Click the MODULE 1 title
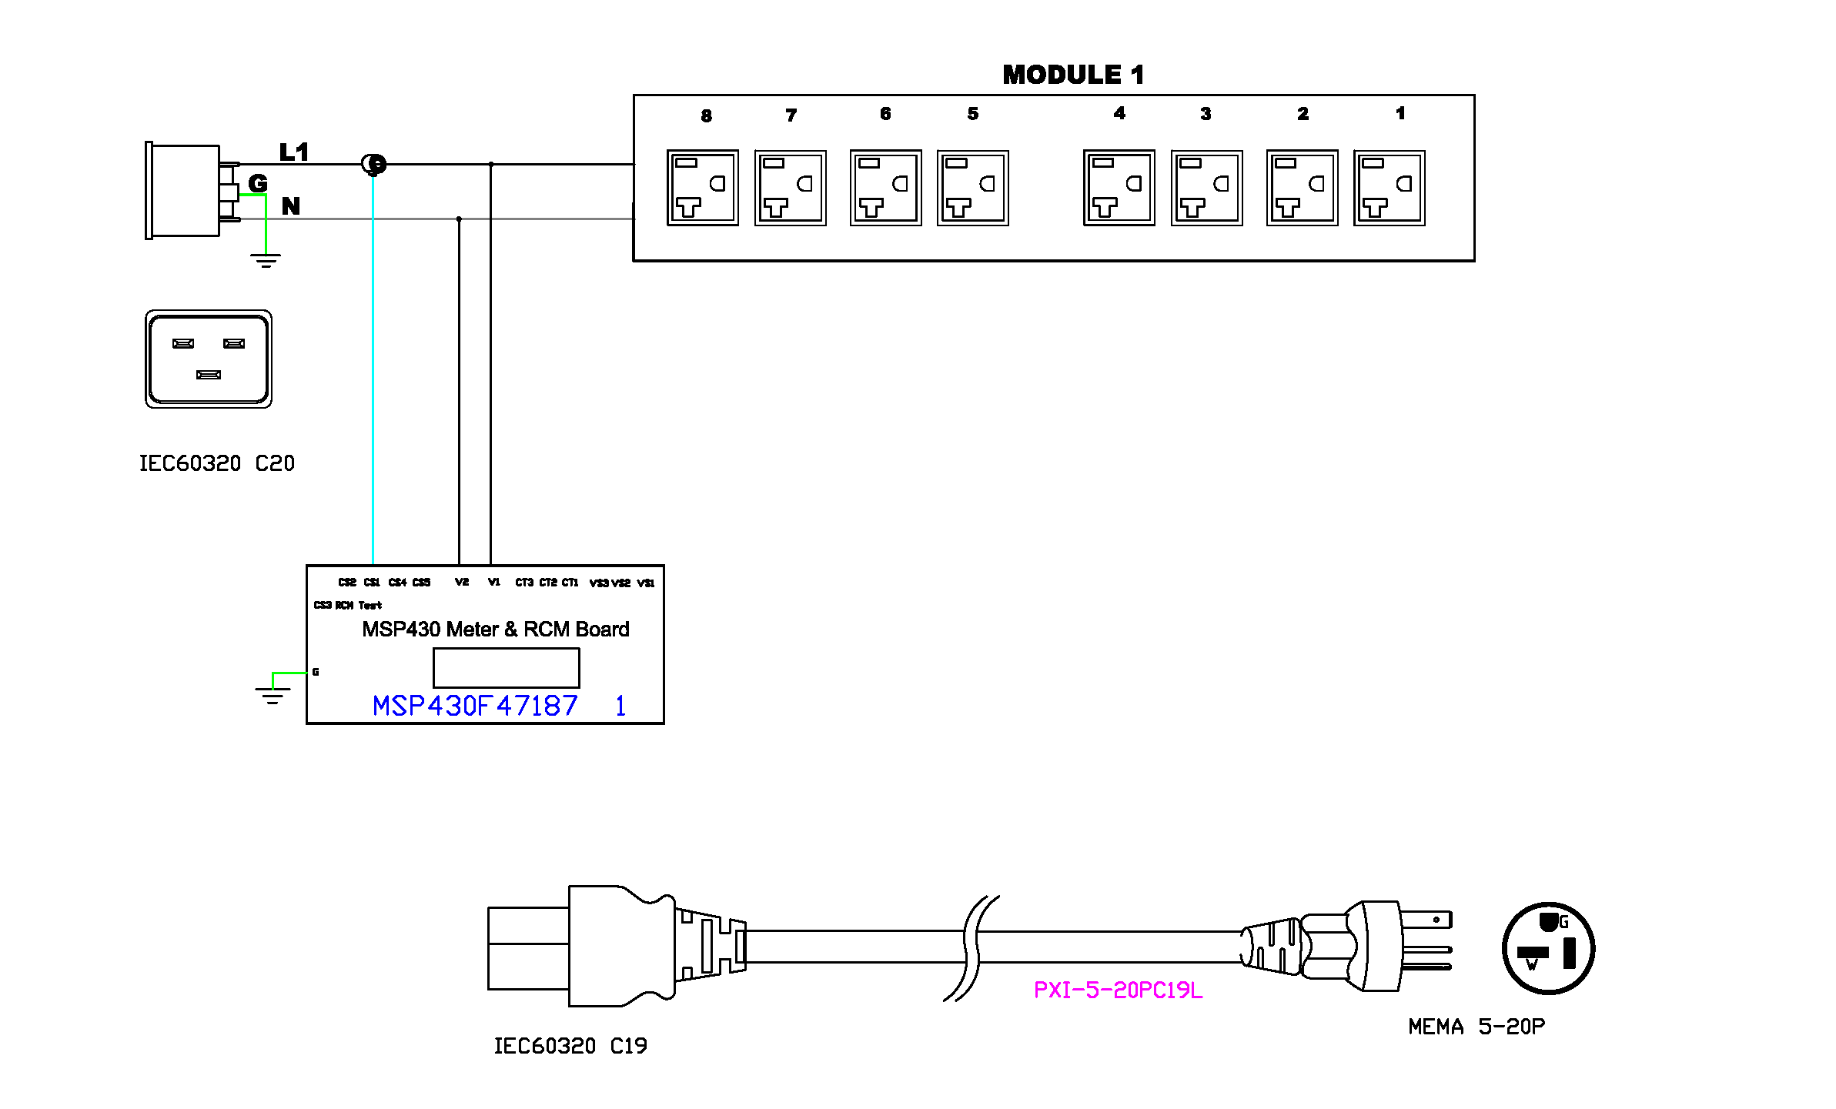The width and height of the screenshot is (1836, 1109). coord(1073,75)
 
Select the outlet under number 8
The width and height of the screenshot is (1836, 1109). coord(702,188)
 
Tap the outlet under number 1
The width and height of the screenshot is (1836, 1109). coord(1389,188)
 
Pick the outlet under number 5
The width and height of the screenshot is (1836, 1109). coord(972,188)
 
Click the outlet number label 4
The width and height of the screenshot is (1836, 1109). coord(1119,113)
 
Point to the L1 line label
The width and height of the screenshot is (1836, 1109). coord(293,152)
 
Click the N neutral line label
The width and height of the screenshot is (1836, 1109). coord(290,205)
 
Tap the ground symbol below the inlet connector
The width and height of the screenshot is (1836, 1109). coord(266,260)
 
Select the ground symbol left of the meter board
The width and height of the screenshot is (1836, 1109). coord(273,695)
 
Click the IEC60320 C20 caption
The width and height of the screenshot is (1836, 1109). coord(216,463)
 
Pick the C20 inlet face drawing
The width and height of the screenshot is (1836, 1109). coord(209,359)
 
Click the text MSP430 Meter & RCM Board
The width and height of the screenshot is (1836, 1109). coord(495,629)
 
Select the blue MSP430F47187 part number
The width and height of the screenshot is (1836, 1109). coord(475,706)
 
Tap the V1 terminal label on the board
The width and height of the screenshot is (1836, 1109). coord(494,582)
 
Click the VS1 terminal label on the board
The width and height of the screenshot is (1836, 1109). coord(646,583)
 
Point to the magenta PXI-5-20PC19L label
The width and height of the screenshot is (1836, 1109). coord(1118,990)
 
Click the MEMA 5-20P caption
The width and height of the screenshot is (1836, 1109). coord(1476,1026)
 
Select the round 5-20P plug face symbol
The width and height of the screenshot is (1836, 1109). coord(1548,948)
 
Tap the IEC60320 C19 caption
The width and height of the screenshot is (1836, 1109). coord(570,1045)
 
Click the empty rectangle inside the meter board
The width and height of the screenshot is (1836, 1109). coord(506,667)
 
